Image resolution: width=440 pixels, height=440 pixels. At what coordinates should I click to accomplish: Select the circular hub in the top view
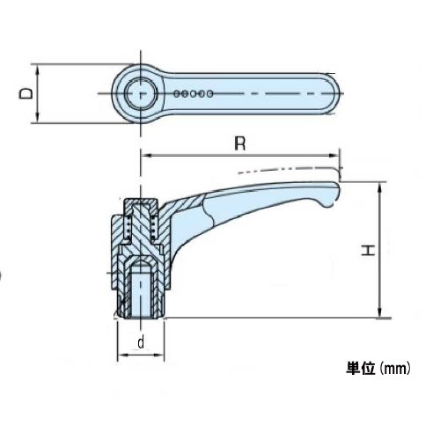click(x=141, y=92)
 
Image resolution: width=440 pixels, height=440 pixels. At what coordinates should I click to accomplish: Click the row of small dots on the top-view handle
click(x=194, y=92)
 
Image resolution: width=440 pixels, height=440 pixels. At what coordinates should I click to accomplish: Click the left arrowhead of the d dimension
click(x=121, y=356)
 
